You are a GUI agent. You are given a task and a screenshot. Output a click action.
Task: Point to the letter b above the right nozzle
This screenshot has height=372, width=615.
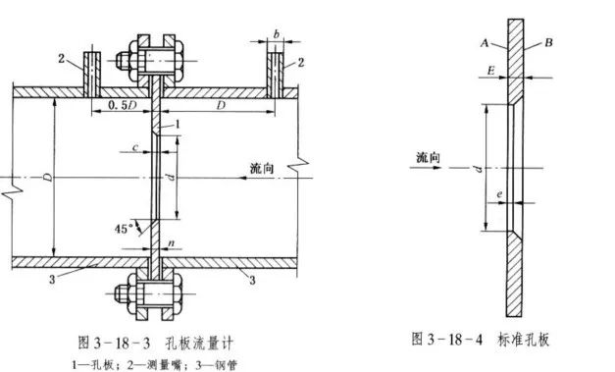[x=278, y=34]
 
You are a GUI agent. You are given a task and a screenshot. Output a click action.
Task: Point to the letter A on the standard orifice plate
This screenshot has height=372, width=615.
[x=485, y=44]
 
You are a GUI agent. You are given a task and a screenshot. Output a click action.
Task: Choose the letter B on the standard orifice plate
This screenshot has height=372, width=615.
[x=548, y=45]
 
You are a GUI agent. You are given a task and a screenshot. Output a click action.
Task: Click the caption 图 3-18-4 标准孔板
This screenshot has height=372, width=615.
[x=481, y=340]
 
